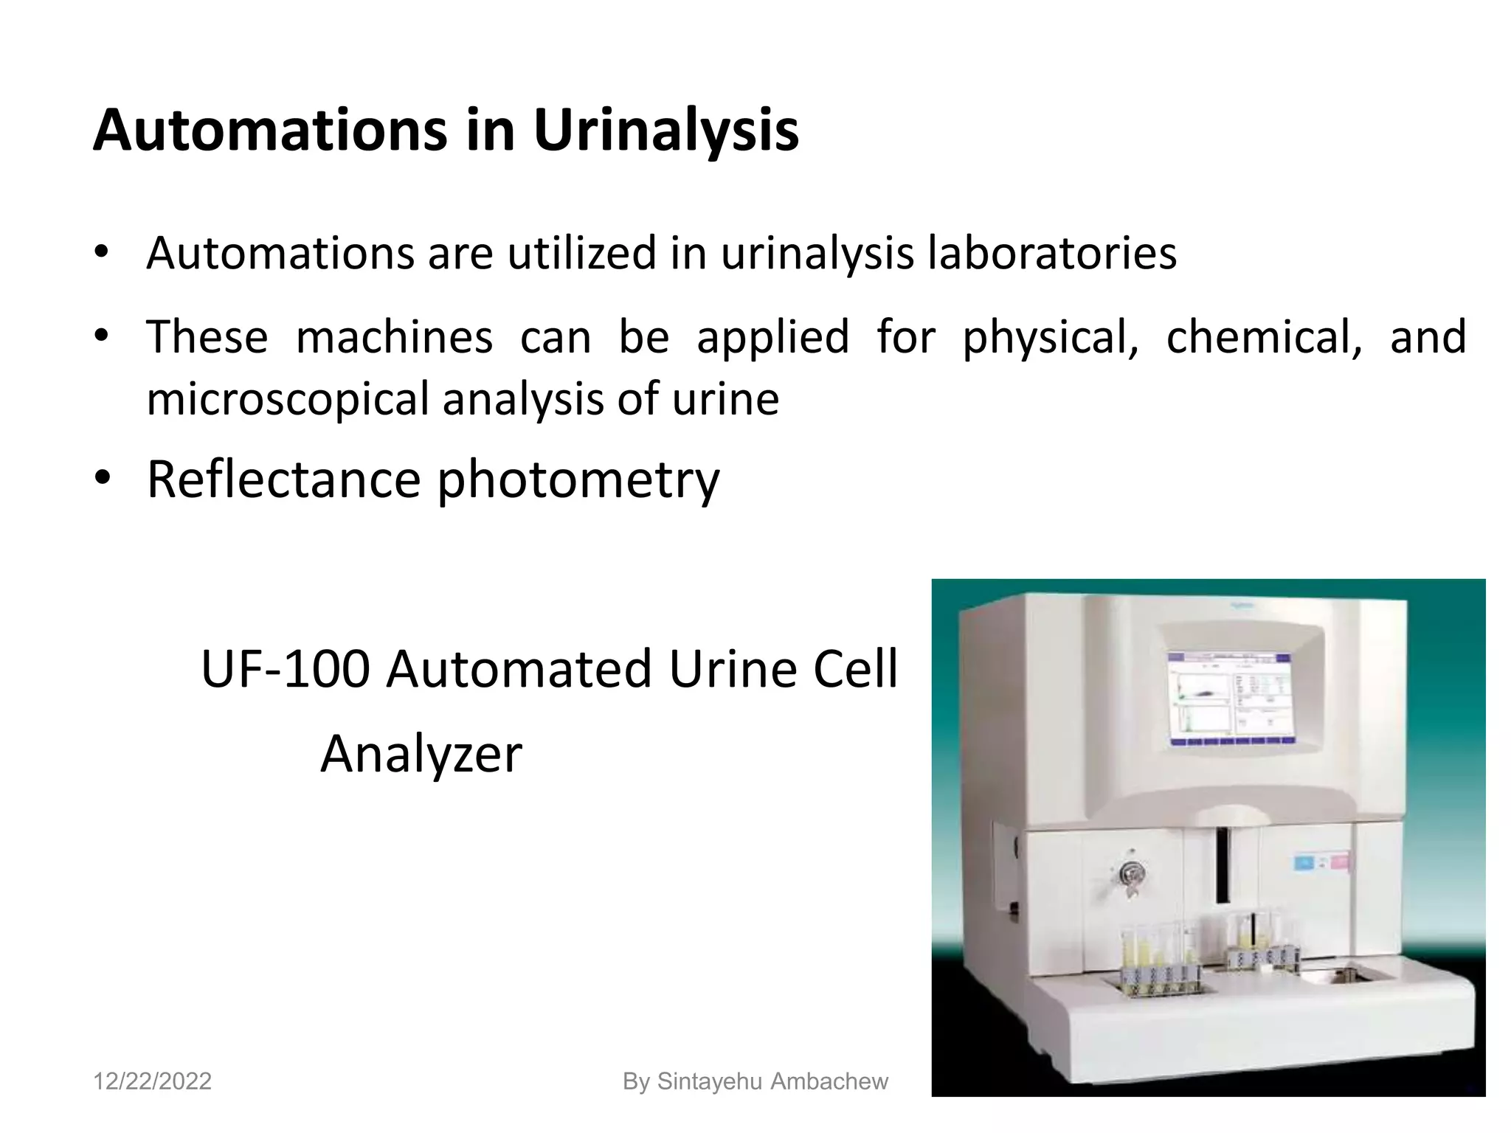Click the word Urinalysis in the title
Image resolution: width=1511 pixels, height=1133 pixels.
click(665, 131)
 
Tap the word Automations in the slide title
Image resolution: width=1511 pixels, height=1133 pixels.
click(270, 131)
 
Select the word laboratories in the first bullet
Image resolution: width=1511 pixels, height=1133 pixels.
click(1051, 254)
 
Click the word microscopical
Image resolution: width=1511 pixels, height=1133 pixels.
click(288, 399)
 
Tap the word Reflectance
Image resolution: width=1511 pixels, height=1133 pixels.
click(283, 479)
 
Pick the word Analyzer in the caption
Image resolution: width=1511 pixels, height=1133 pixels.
click(421, 754)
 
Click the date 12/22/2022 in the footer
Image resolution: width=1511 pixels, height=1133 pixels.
click(152, 1081)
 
